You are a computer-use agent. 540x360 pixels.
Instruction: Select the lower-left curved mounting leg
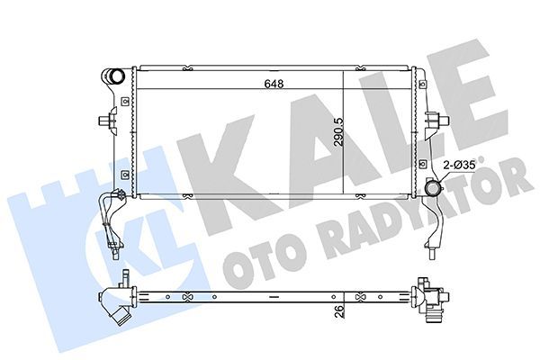click(x=109, y=220)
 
